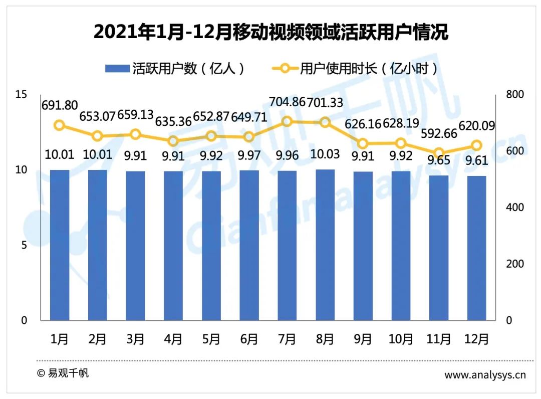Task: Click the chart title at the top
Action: tap(270, 33)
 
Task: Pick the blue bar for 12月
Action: tap(476, 248)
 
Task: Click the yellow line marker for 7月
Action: tap(287, 121)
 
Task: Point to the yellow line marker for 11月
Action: tap(439, 153)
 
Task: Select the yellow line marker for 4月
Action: tap(173, 141)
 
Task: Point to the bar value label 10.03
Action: tap(325, 154)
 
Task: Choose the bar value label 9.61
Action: tap(477, 161)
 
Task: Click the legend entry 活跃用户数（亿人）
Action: tap(175, 69)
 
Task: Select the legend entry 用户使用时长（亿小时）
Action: tap(355, 69)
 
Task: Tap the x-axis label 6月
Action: tap(249, 339)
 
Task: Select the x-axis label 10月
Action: tap(401, 339)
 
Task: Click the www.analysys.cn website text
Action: tap(485, 375)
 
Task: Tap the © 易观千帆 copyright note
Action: tap(63, 373)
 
